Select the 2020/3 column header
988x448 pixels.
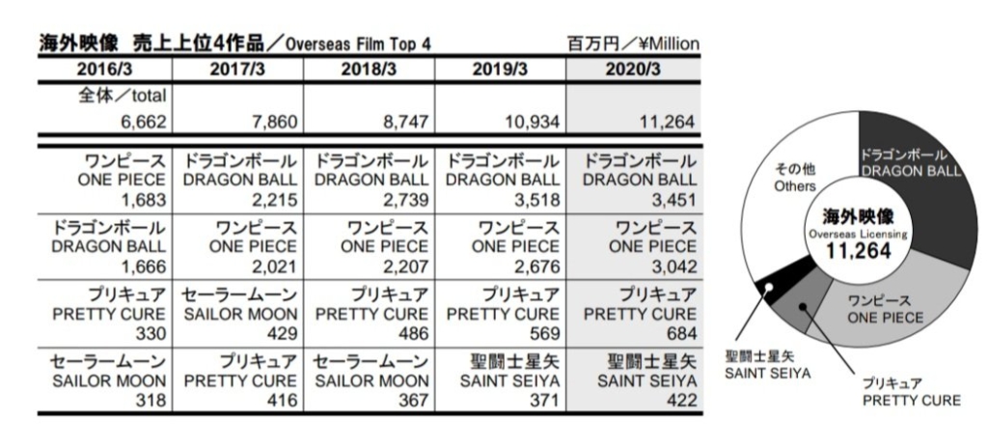point(633,70)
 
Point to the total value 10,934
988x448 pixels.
point(529,123)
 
